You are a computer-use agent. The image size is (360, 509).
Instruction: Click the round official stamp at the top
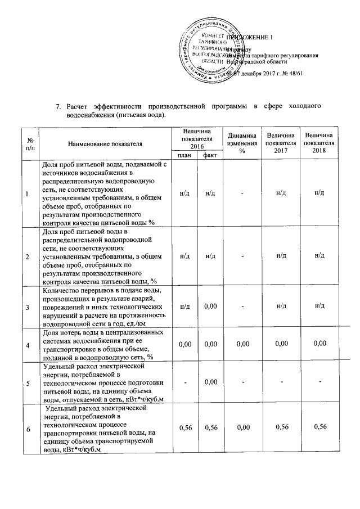click(210, 51)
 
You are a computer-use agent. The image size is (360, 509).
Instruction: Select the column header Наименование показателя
click(105, 144)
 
